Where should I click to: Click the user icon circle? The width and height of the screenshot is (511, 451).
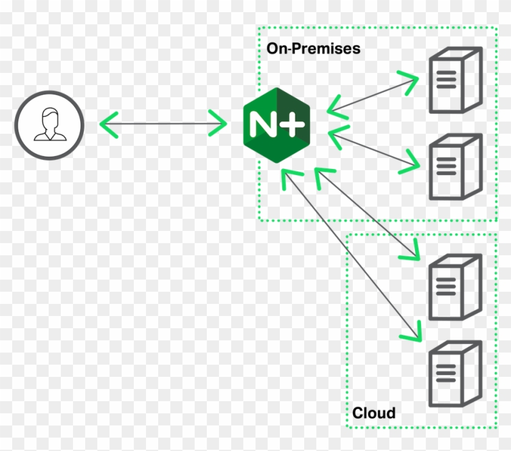point(48,125)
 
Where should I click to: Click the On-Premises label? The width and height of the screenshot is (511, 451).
point(313,49)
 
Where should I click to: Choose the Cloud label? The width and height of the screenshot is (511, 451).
point(374,413)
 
